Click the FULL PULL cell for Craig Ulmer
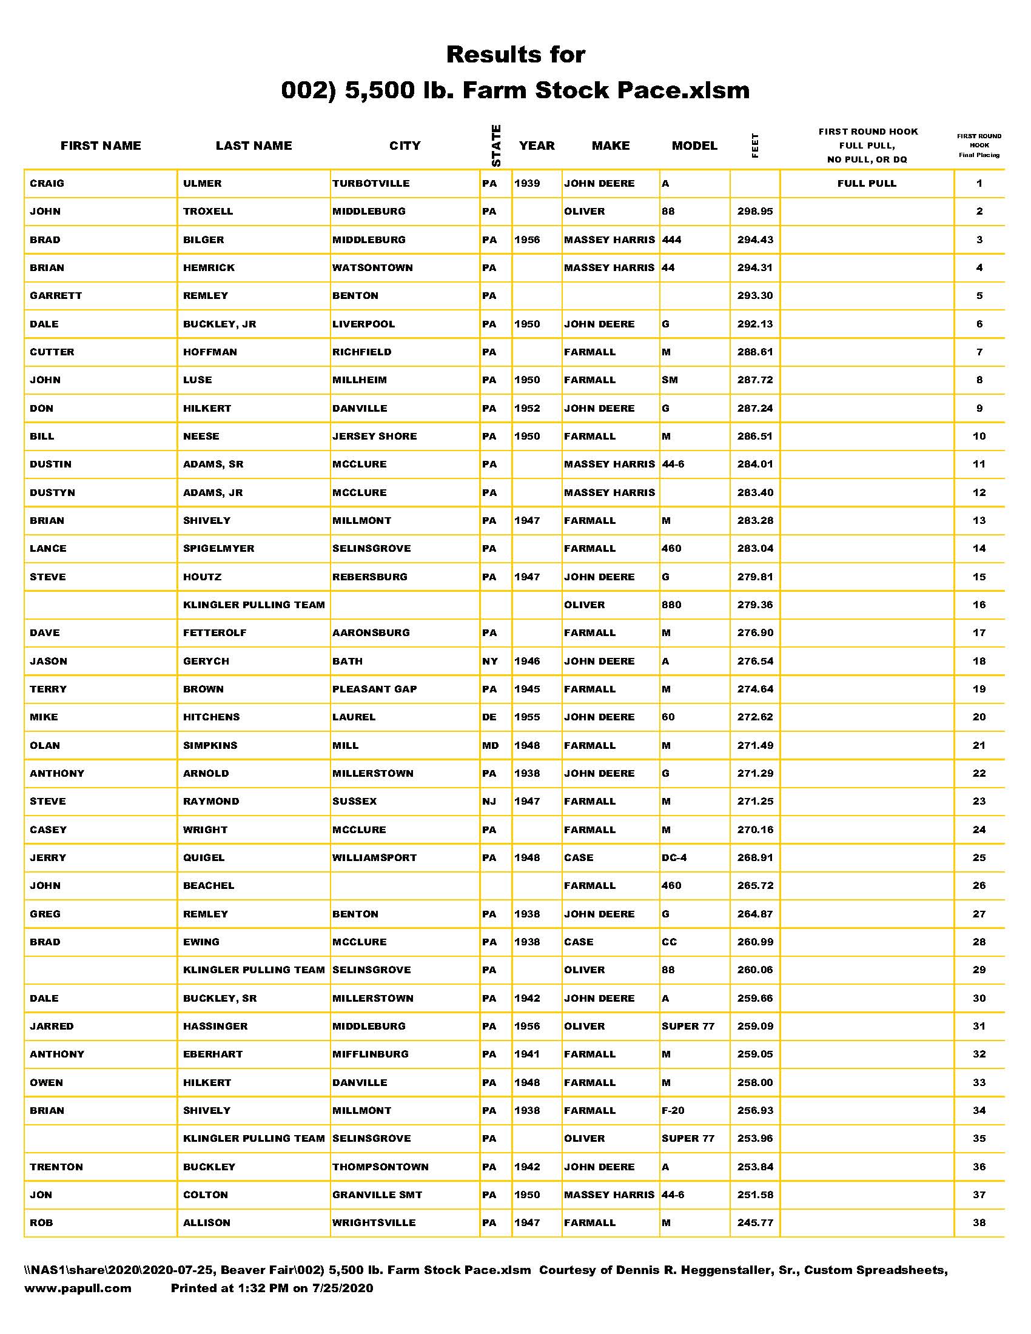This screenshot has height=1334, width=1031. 866,183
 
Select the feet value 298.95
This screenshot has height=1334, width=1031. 754,212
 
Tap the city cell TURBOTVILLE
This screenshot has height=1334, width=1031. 371,183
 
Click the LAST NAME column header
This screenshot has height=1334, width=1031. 254,146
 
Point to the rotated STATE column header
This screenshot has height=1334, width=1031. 496,146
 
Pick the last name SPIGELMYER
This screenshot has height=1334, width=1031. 218,549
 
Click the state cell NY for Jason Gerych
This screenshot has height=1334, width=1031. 490,661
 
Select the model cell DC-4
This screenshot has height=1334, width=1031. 674,857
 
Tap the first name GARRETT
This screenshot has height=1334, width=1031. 56,296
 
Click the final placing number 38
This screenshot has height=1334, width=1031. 978,1223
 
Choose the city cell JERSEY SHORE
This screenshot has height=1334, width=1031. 374,436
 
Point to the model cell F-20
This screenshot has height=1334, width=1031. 673,1110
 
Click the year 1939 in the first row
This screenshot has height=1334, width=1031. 527,183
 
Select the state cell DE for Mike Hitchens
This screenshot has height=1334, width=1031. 489,717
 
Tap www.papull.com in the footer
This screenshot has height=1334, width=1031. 78,1288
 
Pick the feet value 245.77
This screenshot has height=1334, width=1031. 754,1223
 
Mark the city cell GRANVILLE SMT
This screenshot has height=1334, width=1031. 377,1195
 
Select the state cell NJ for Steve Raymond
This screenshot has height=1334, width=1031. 489,802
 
